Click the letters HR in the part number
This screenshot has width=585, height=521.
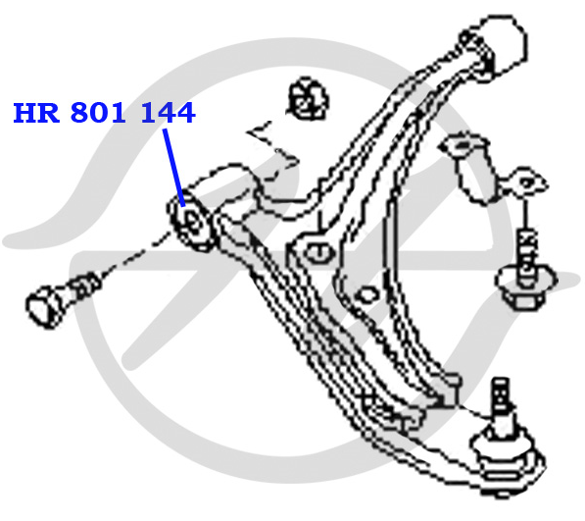(x=36, y=113)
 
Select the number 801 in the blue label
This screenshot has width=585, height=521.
(x=98, y=113)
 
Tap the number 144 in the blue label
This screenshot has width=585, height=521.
(x=168, y=113)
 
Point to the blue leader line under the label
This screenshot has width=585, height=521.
(x=173, y=168)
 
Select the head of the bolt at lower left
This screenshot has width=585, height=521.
(x=44, y=306)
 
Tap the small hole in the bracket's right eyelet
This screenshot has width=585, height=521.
(x=526, y=183)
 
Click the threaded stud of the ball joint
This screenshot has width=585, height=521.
(x=501, y=396)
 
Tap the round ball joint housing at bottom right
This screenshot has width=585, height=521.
(x=507, y=457)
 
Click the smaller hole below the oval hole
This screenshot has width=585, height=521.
(x=367, y=295)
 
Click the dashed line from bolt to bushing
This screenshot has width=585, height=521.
(x=133, y=255)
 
